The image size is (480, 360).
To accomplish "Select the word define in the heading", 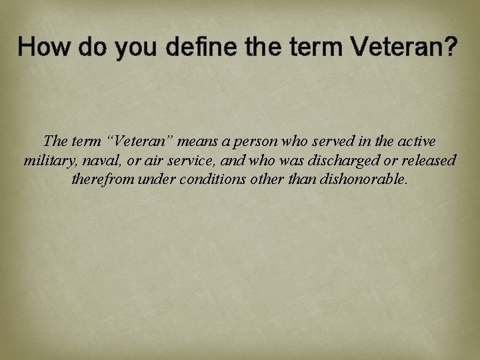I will click(195, 47).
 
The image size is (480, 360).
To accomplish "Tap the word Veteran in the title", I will click(397, 47).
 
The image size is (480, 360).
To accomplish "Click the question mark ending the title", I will click(451, 47).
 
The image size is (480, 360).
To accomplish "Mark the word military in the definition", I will click(48, 161).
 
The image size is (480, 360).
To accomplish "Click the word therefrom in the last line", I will click(102, 180).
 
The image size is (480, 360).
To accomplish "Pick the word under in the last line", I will click(155, 180).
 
